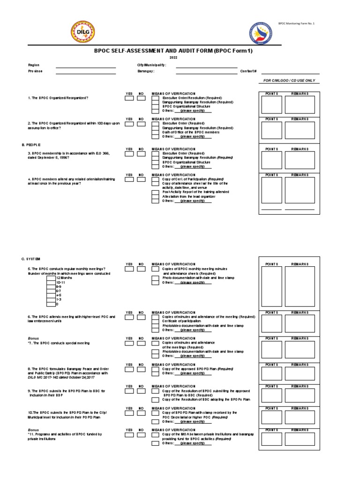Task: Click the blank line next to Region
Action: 86,67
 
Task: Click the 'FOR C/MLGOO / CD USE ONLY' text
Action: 289,81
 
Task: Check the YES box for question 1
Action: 129,98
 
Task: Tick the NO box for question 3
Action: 141,154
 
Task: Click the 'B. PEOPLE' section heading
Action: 31,145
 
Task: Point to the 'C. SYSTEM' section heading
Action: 31,259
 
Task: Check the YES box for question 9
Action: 129,390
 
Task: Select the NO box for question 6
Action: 141,317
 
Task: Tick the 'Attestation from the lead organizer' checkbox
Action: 155,196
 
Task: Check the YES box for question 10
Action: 129,413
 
